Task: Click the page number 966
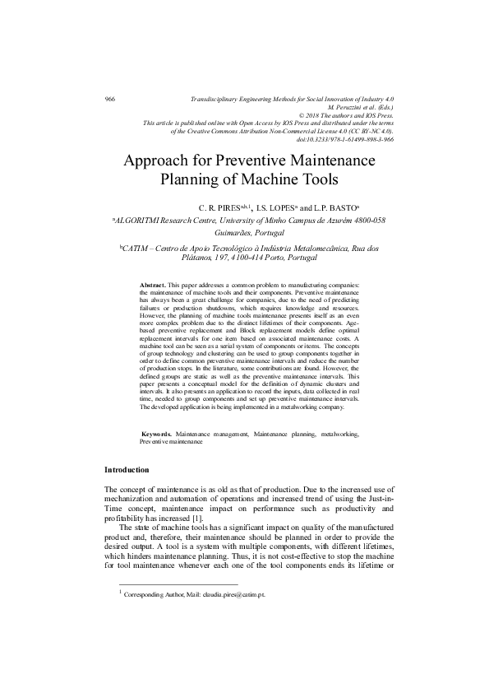(x=109, y=99)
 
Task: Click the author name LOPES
(x=272, y=208)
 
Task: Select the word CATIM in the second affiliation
(x=137, y=247)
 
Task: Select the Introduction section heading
(x=127, y=470)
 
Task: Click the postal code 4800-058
(x=361, y=221)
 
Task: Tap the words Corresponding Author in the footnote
(x=150, y=593)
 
